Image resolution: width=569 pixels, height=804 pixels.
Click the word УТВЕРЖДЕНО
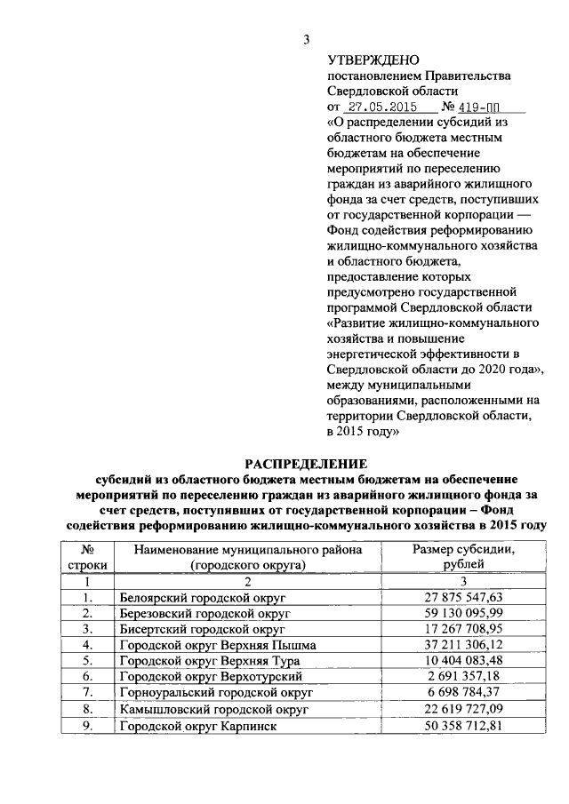point(373,60)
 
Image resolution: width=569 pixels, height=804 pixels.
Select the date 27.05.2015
point(378,105)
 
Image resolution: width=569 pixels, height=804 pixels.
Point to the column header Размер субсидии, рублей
point(463,557)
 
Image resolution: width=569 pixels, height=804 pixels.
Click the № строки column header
point(88,557)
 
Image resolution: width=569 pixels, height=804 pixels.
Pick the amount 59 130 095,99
point(463,613)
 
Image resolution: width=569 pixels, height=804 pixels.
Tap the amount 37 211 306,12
point(463,645)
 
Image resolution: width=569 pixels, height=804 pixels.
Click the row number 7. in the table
point(88,693)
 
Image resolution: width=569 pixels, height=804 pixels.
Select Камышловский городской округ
point(213,710)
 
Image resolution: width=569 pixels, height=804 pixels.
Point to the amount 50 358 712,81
point(463,726)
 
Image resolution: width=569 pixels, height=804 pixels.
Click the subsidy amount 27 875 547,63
point(463,597)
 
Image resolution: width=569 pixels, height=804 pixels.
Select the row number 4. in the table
point(88,645)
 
